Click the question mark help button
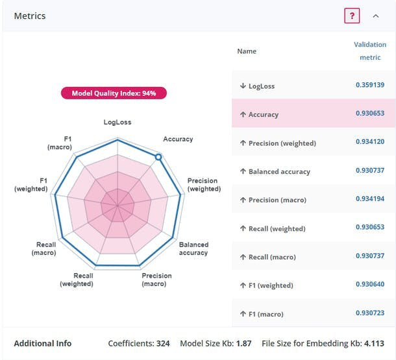[x=351, y=16]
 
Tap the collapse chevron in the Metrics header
[x=376, y=16]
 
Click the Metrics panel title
[x=30, y=16]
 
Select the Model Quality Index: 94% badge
[x=114, y=93]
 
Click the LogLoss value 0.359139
[x=370, y=85]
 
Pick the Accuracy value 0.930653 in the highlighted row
[x=370, y=114]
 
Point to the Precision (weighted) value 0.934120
[x=370, y=142]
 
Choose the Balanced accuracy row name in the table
[x=279, y=172]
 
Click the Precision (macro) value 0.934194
[x=370, y=199]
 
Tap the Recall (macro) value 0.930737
[x=370, y=256]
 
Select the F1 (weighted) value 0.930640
[x=370, y=285]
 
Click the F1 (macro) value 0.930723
[x=370, y=313]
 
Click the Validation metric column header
[x=370, y=51]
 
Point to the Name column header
[x=247, y=51]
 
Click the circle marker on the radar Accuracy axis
[x=158, y=157]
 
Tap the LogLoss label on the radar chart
[x=118, y=123]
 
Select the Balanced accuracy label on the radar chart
[x=193, y=248]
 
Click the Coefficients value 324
[x=162, y=344]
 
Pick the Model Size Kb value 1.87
[x=243, y=344]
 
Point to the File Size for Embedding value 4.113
[x=373, y=344]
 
